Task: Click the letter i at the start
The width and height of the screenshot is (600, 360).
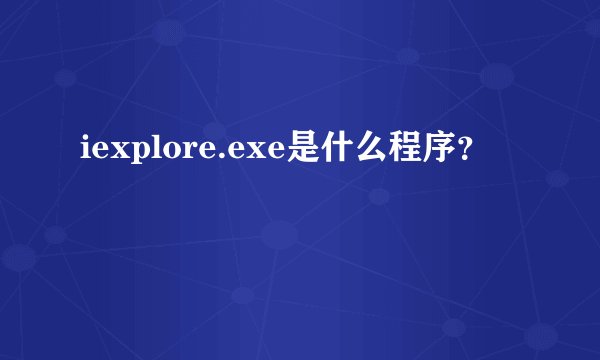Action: point(83,152)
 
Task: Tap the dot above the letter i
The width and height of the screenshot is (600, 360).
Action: point(83,140)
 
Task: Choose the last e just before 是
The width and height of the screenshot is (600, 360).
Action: point(275,154)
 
